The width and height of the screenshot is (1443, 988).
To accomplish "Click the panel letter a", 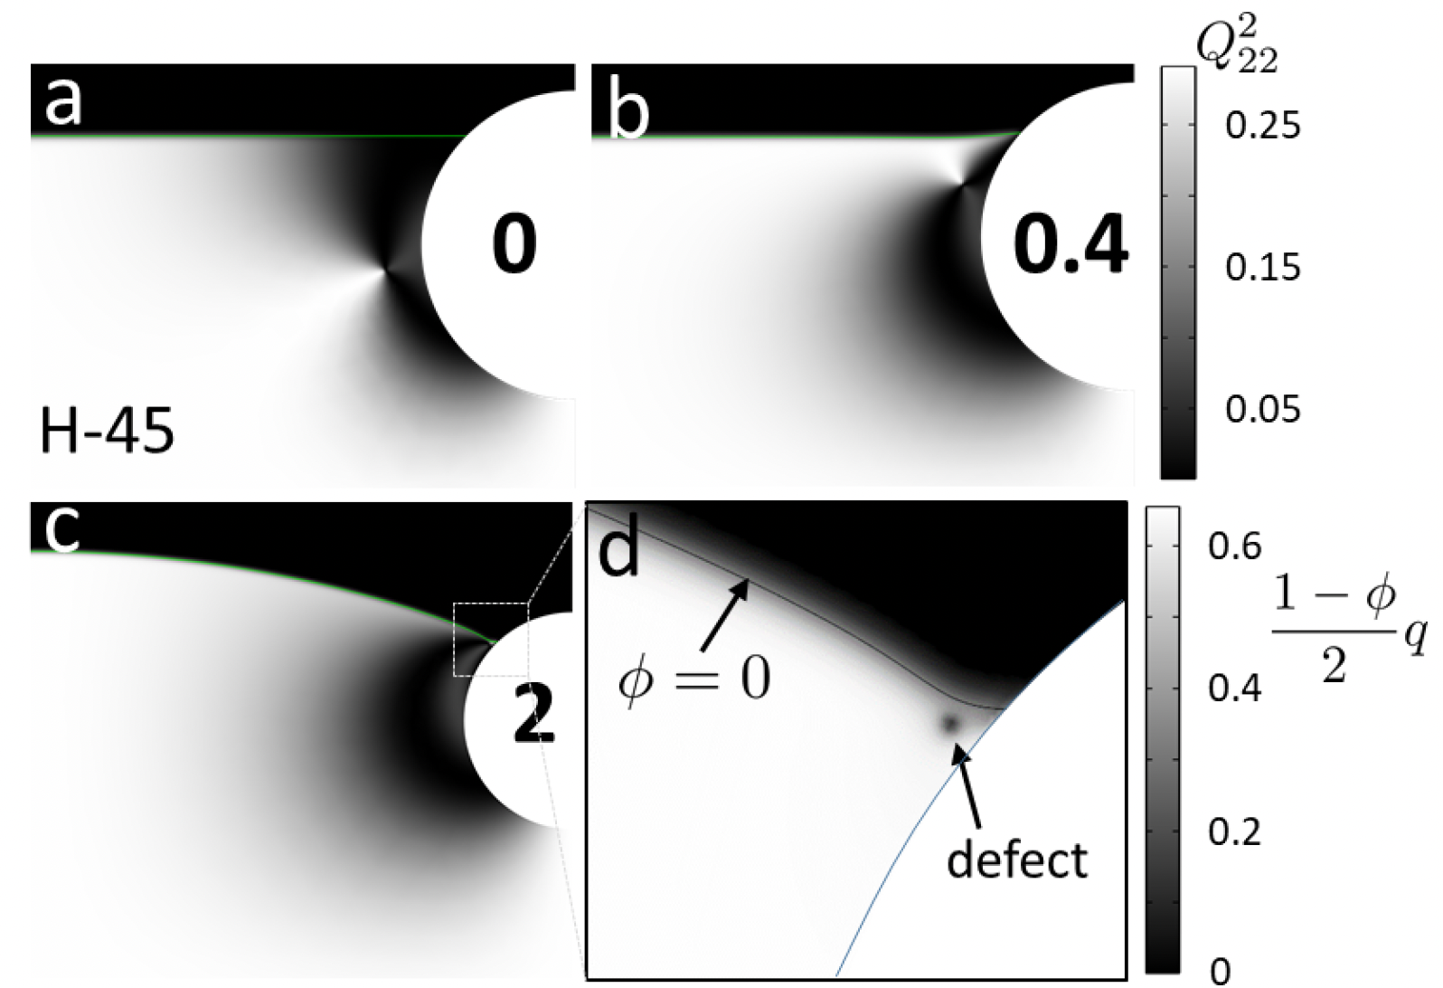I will click(x=63, y=101).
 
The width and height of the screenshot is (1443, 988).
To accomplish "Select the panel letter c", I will click(x=61, y=529).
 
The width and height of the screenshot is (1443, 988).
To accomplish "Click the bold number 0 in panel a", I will click(x=514, y=245).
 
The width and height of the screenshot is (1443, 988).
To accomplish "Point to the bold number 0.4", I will click(x=1070, y=245).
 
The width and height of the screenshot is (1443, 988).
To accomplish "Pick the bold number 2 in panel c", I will click(x=533, y=713).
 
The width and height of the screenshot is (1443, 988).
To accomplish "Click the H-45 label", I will click(x=107, y=431).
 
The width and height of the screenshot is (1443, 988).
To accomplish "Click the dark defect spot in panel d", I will click(x=949, y=722).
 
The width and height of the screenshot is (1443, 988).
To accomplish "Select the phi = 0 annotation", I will click(x=693, y=678).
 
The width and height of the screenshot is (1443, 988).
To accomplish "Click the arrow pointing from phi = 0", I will click(x=724, y=615).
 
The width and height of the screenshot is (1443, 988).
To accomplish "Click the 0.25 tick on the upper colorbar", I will click(x=1262, y=126).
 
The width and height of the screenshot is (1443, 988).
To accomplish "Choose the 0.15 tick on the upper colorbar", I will click(x=1262, y=268).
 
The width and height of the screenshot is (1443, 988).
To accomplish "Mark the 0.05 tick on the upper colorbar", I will click(x=1262, y=410).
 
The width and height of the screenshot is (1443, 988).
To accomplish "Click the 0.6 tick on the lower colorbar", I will click(x=1235, y=546).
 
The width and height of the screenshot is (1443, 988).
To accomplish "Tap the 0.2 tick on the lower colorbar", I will click(x=1235, y=831).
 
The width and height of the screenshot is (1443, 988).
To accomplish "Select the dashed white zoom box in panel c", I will click(x=490, y=639).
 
